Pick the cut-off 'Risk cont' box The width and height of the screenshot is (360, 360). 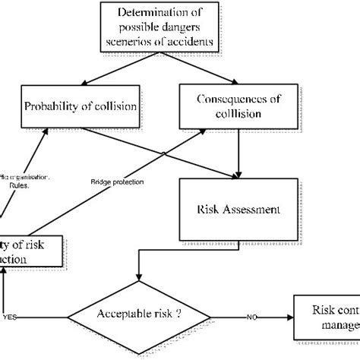click(x=327, y=317)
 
